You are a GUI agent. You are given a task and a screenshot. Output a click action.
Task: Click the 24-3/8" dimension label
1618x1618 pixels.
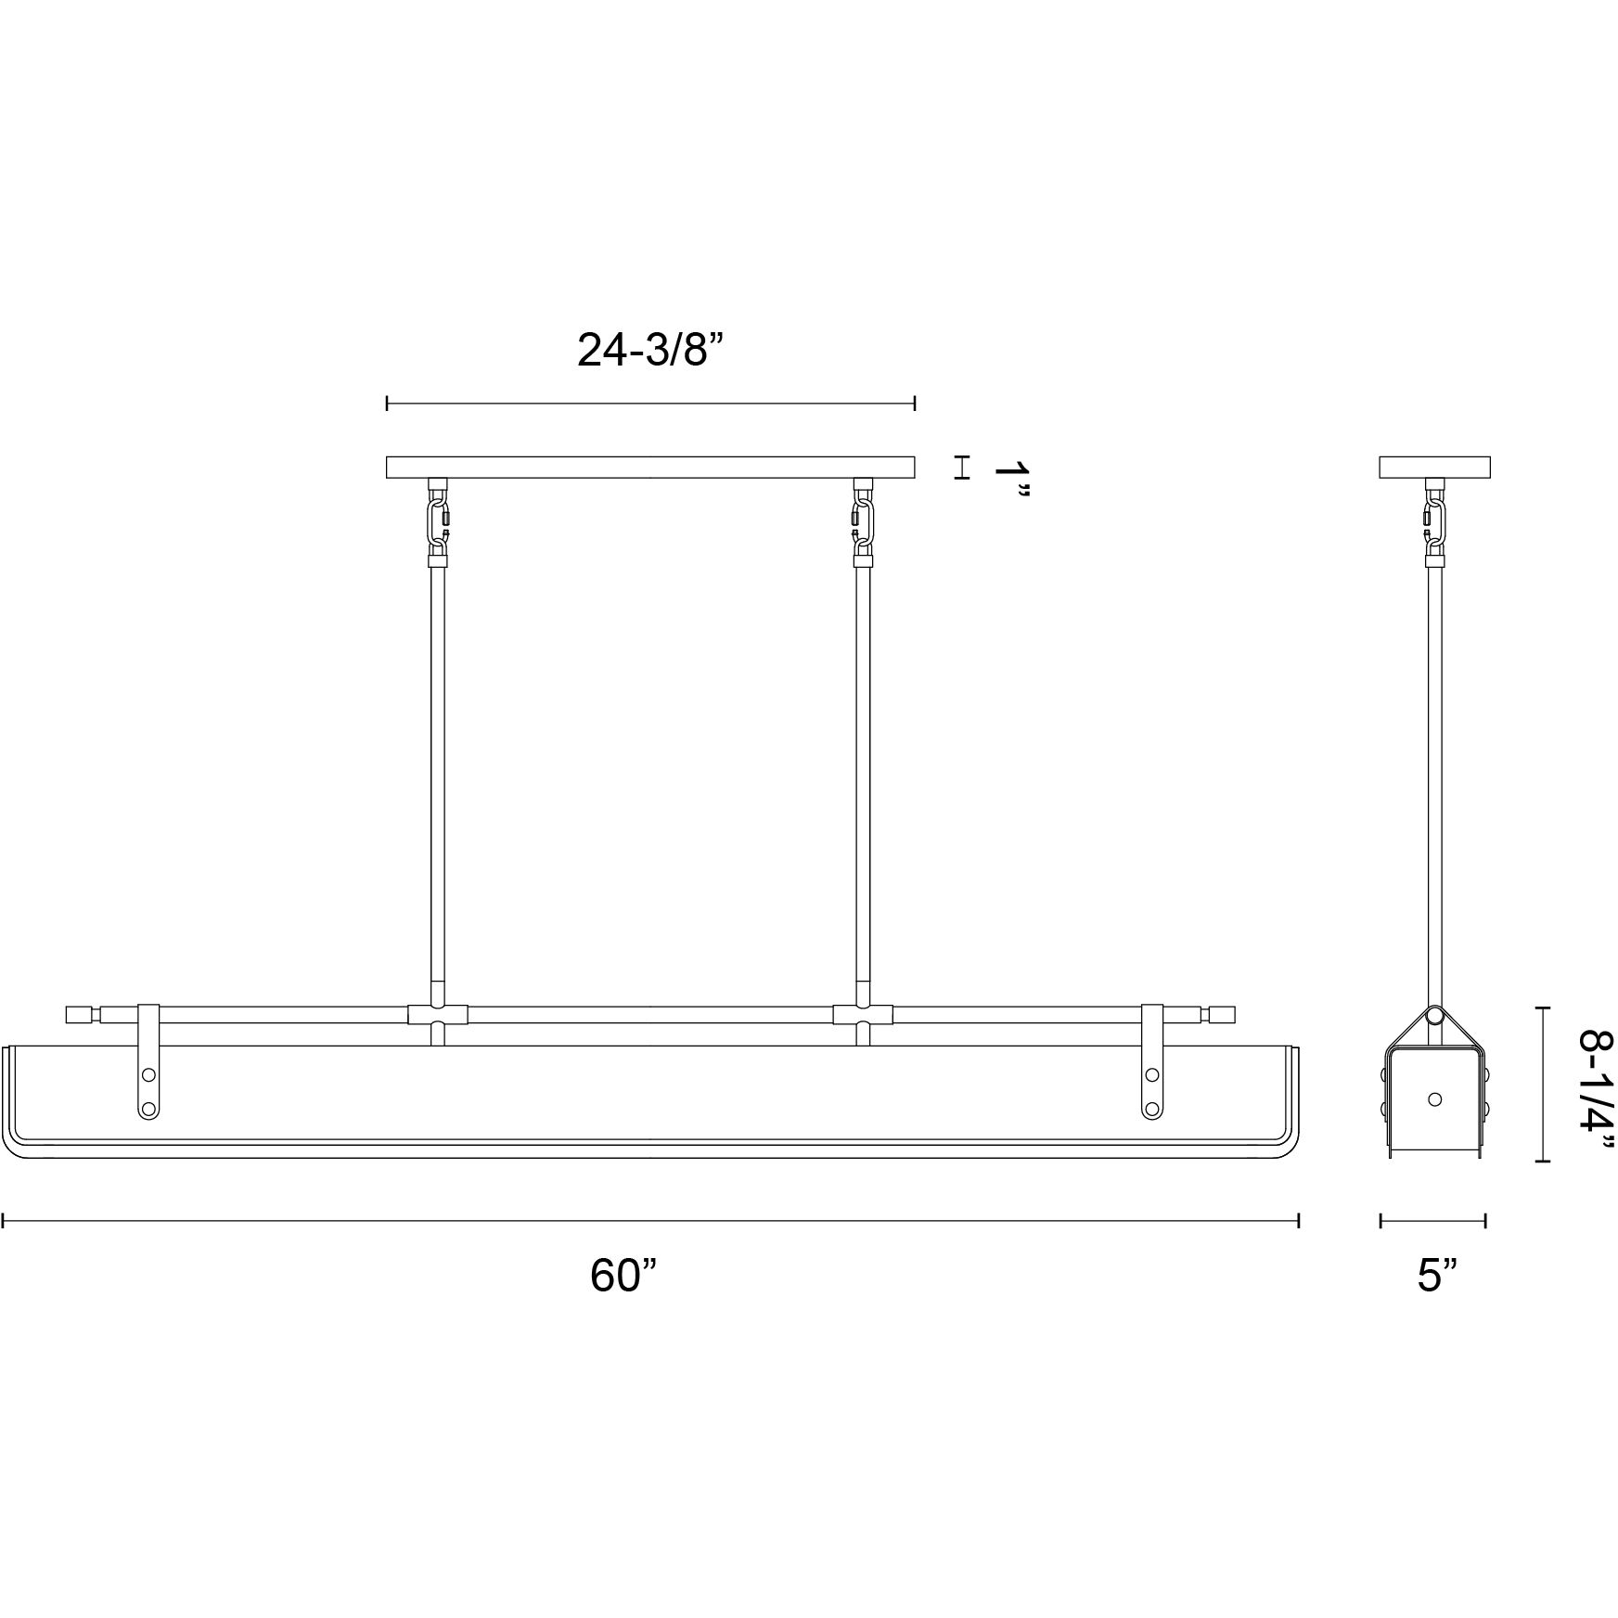pyautogui.click(x=649, y=351)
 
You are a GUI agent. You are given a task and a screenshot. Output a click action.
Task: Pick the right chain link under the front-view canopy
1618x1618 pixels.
pyautogui.click(x=862, y=523)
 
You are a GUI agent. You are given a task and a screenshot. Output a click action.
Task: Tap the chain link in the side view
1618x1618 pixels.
pyautogui.click(x=1434, y=523)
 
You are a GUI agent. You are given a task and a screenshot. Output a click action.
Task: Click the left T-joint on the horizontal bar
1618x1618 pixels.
pyautogui.click(x=438, y=1014)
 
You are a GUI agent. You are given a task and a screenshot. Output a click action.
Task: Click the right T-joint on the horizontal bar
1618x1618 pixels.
pyautogui.click(x=863, y=1014)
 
